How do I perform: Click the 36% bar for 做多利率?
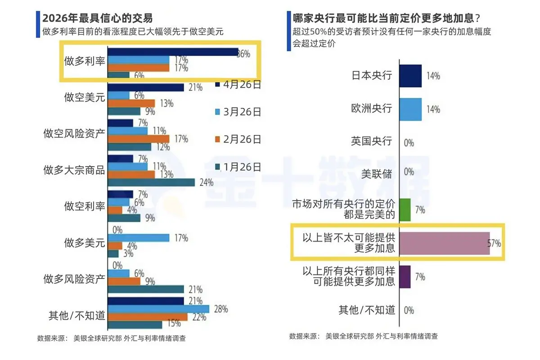click(x=173, y=52)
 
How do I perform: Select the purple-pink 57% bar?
click(x=444, y=243)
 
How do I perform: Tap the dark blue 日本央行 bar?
click(x=410, y=76)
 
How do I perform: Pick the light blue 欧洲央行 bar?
click(x=410, y=109)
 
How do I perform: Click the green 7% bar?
click(x=405, y=210)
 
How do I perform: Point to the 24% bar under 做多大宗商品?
click(x=151, y=182)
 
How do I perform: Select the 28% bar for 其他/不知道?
click(x=158, y=309)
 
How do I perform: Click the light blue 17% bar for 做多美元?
click(x=139, y=238)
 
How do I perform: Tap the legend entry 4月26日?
click(x=239, y=84)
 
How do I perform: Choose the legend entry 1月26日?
click(x=239, y=167)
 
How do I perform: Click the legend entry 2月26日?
click(x=239, y=139)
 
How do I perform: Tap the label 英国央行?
click(x=372, y=141)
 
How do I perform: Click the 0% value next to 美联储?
click(x=409, y=171)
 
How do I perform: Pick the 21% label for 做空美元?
click(x=195, y=87)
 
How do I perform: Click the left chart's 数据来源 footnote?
click(x=111, y=338)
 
